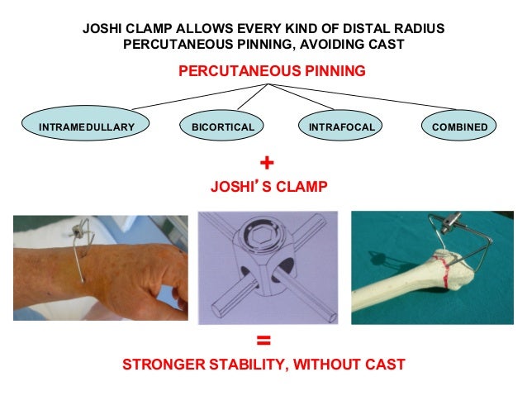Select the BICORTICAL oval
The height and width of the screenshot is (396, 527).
point(222,127)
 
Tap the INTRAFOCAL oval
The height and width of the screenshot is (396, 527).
point(341,127)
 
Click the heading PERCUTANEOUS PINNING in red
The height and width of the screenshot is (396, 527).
point(272,72)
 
